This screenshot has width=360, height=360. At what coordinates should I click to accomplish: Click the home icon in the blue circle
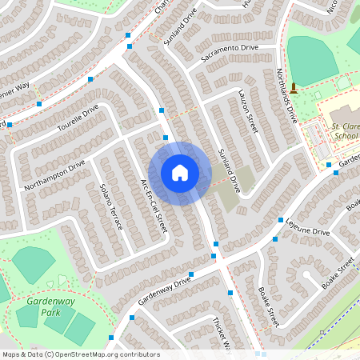tap(180, 173)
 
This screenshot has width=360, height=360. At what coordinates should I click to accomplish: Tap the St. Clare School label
tap(346, 131)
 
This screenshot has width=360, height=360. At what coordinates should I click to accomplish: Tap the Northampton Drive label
tap(54, 175)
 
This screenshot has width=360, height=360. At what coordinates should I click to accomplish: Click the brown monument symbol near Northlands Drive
tap(294, 86)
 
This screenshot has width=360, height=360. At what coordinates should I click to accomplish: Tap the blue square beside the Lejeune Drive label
tap(281, 220)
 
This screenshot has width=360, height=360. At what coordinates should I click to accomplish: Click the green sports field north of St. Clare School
tap(312, 56)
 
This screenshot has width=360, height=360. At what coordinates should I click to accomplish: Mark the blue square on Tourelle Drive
tap(90, 79)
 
